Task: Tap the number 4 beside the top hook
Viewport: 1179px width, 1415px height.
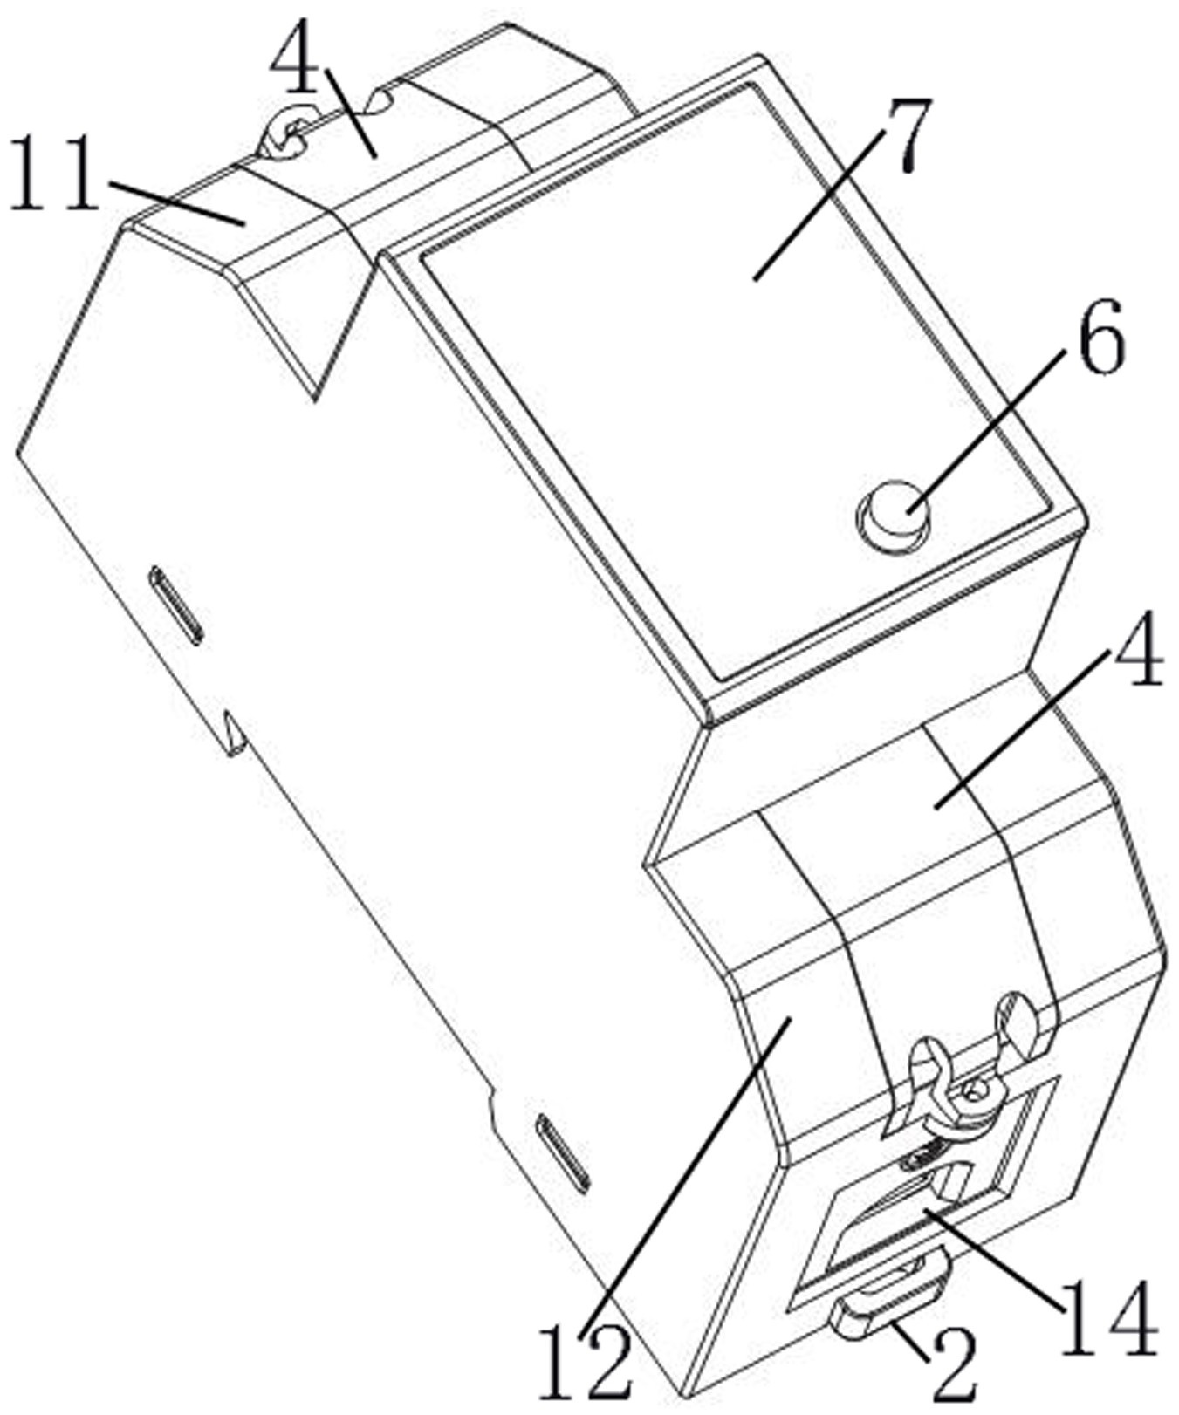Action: pos(294,58)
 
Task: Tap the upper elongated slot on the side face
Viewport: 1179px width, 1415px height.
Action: pos(176,605)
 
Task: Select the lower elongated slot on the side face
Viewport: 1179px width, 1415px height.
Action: pos(563,1152)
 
